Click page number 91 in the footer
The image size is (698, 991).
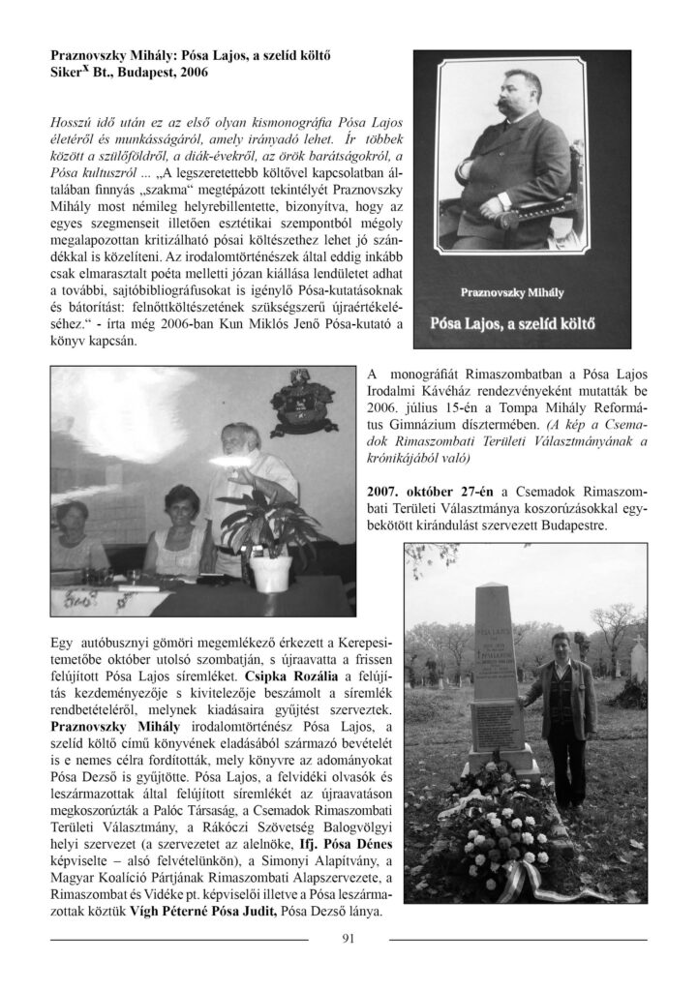[349, 936]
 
